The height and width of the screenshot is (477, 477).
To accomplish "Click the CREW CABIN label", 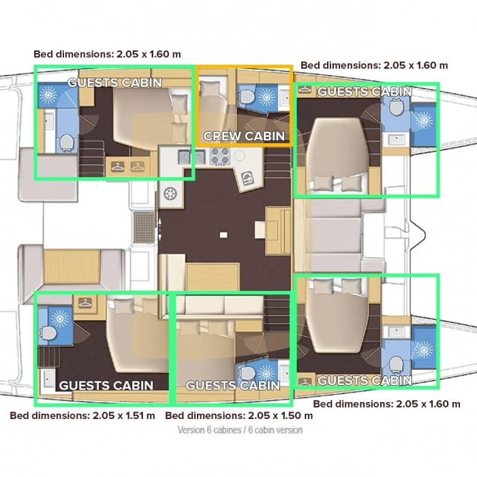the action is pos(244,136).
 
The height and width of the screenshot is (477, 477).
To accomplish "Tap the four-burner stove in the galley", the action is pos(219,155).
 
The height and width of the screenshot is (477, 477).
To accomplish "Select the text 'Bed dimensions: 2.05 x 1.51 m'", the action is pos(82,416).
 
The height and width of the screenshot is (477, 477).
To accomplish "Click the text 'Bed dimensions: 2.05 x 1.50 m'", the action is pos(238,416).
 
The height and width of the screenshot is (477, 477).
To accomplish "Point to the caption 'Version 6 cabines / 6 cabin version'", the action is pos(240,430).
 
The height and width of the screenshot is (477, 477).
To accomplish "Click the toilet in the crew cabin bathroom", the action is pos(247,97).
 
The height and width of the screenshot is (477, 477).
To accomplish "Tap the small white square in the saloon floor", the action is pos(224,235).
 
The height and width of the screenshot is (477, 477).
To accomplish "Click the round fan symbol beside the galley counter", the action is pos(170,194).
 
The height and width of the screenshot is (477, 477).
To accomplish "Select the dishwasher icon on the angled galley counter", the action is pos(247,178).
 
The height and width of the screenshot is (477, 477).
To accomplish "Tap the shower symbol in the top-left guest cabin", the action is pos(48,94).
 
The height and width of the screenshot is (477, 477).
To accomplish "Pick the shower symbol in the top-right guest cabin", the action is pos(424,120).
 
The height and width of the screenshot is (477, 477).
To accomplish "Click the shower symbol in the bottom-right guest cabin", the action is pos(424,350).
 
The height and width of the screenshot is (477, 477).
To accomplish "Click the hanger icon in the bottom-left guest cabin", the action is pos(85,303).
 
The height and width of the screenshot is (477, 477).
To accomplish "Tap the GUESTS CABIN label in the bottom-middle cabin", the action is pos(233,386).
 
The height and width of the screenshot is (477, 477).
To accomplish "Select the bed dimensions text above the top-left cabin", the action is pos(107,54).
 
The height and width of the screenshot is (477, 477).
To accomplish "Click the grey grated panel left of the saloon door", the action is pos(144,228).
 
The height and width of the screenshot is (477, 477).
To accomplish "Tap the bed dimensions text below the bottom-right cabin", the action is pos(386,404).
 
